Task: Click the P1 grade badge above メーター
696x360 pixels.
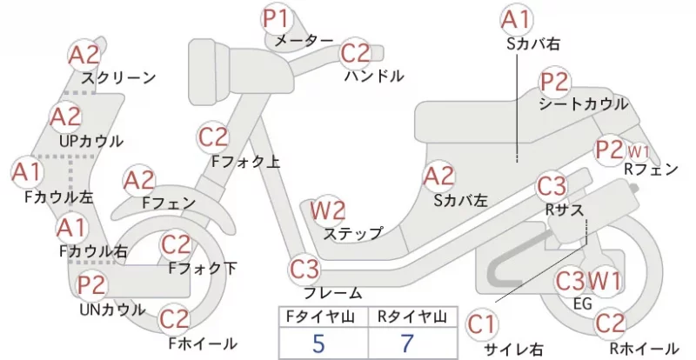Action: pos(277,18)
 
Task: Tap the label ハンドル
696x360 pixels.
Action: pos(374,76)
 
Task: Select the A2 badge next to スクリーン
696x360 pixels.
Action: pos(84,55)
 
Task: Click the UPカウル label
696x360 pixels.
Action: pos(91,141)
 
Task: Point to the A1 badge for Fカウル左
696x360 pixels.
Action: pos(27,172)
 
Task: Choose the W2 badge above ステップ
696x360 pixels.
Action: pos(328,210)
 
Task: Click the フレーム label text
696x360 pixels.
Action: pos(333,293)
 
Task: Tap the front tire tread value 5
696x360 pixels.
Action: pos(318,343)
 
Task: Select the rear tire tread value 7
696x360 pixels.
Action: pos(407,343)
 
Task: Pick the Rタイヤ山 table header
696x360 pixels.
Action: pos(412,317)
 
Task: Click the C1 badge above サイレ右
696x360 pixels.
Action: pos(482,324)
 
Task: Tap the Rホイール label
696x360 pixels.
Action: pos(644,349)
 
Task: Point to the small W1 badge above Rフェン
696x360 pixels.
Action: pos(639,152)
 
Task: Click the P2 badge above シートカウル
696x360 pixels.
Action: pos(555,83)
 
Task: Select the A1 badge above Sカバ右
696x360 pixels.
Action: pos(516,20)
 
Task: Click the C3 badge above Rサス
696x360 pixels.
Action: pos(552,186)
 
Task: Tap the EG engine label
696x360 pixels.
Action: pos(583,303)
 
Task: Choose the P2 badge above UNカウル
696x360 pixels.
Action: pos(92,285)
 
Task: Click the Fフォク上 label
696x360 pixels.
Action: pos(245,161)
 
